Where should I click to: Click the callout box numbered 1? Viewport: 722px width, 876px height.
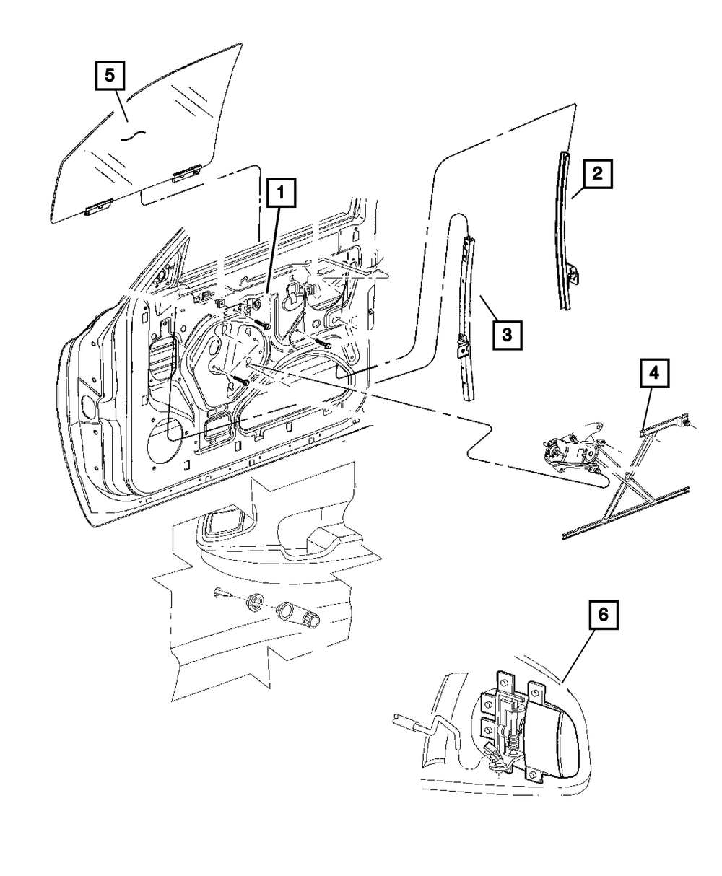tap(282, 193)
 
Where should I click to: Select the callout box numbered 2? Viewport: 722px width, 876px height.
tap(597, 173)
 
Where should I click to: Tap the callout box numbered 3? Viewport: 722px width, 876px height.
tap(507, 336)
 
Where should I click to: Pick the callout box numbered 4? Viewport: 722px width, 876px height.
tap(654, 373)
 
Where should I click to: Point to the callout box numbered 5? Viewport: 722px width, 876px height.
tap(110, 76)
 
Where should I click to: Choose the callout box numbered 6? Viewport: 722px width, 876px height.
tap(603, 615)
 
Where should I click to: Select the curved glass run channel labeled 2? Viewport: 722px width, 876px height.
tap(567, 231)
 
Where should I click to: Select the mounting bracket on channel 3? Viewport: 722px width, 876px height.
tap(462, 346)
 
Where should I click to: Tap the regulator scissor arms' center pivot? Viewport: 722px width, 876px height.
tap(626, 477)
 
